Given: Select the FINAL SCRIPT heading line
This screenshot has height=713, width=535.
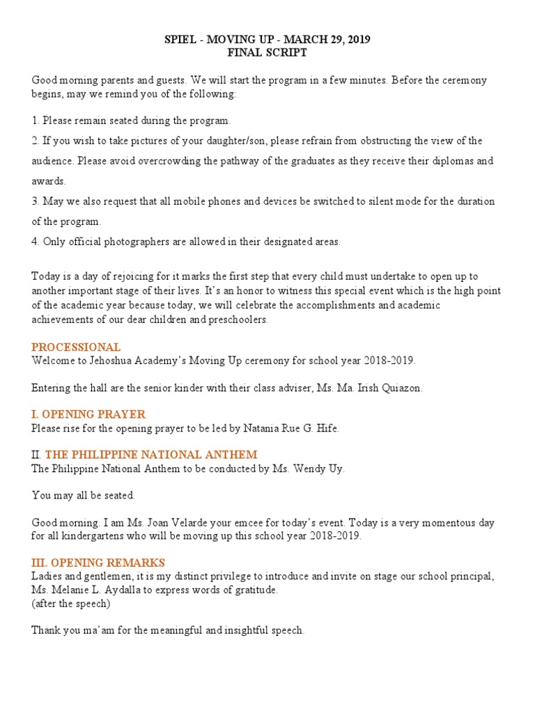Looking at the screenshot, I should pyautogui.click(x=267, y=53).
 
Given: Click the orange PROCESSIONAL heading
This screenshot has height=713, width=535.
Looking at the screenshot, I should pyautogui.click(x=76, y=347).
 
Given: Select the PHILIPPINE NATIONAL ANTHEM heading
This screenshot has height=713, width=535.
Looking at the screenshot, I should pyautogui.click(x=151, y=455).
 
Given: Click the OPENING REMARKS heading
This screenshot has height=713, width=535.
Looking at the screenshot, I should pyautogui.click(x=98, y=562).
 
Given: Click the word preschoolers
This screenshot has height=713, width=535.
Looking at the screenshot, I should pyautogui.click(x=235, y=320).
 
